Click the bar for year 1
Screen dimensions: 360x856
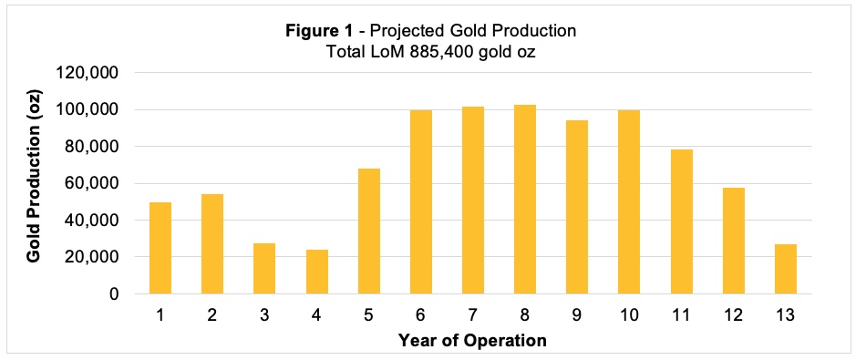pyautogui.click(x=160, y=248)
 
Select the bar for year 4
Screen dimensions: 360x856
pyautogui.click(x=317, y=272)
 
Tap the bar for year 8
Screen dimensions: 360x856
pyautogui.click(x=525, y=200)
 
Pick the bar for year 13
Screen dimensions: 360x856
pyautogui.click(x=786, y=269)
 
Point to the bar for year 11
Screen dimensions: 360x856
pyautogui.click(x=682, y=221)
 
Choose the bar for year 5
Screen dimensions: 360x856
pyautogui.click(x=369, y=231)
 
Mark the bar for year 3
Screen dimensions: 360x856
pyautogui.click(x=264, y=269)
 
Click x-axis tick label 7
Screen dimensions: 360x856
pyautogui.click(x=473, y=315)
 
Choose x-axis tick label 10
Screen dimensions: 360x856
pyautogui.click(x=629, y=315)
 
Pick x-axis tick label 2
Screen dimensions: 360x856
pyautogui.click(x=212, y=315)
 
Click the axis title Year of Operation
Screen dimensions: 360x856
pyautogui.click(x=472, y=341)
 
